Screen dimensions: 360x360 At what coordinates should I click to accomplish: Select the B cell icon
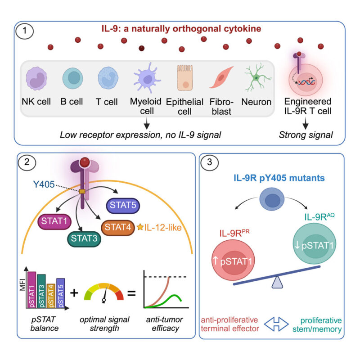tap(72, 77)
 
